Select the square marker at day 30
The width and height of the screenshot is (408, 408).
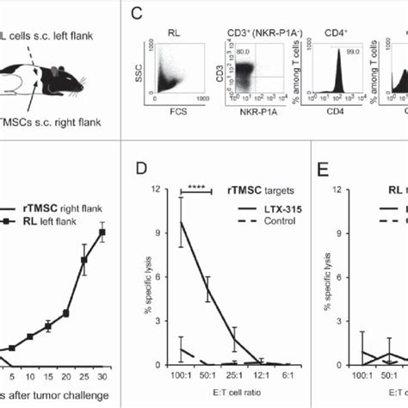click(102, 232)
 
